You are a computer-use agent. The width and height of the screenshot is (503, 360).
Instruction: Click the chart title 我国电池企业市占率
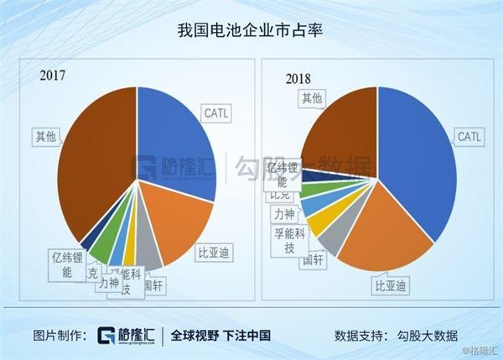click(x=251, y=31)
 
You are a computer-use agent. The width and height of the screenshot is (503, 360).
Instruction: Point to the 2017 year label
click(x=53, y=76)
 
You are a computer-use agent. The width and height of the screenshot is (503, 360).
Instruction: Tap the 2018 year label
click(x=298, y=79)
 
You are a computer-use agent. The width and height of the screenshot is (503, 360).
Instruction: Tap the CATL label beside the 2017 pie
click(x=214, y=111)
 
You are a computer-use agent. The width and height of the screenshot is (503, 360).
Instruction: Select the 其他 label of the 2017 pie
click(x=45, y=135)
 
